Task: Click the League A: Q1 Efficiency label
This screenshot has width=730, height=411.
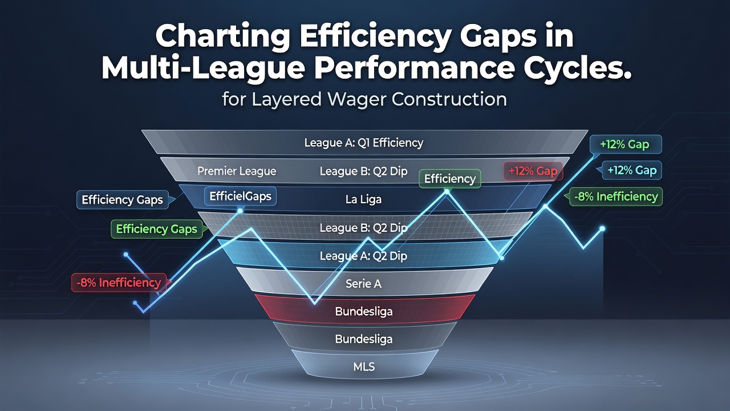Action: pos(364,143)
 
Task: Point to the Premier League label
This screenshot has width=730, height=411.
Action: pos(237,171)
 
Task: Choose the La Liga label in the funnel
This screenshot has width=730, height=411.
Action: pos(363,199)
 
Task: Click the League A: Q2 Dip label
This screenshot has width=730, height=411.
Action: pos(363,256)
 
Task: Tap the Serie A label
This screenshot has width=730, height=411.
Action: pos(363,284)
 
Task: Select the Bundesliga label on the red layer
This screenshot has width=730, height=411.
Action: pos(364,312)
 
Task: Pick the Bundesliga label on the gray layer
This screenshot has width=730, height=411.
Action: pos(364,339)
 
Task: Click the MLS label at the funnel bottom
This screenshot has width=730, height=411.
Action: pos(364,367)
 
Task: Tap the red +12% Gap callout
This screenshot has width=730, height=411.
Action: pos(533,171)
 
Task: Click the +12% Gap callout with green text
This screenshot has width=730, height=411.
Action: pos(626,144)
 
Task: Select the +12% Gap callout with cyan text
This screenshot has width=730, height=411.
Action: pos(631,170)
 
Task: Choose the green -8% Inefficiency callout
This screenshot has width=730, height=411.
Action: pos(616,197)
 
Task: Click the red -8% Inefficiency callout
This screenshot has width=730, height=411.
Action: pos(119,283)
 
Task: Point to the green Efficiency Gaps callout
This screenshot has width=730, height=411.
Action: pos(157,229)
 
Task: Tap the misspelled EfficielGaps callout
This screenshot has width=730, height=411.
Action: pos(240,196)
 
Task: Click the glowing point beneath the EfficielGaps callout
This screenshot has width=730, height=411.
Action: pos(240,211)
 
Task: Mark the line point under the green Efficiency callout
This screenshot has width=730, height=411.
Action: pos(447,192)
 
